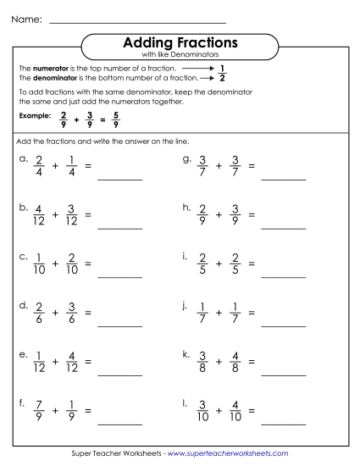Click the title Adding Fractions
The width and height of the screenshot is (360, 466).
coord(180,42)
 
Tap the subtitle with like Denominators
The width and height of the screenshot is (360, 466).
coord(180,55)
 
